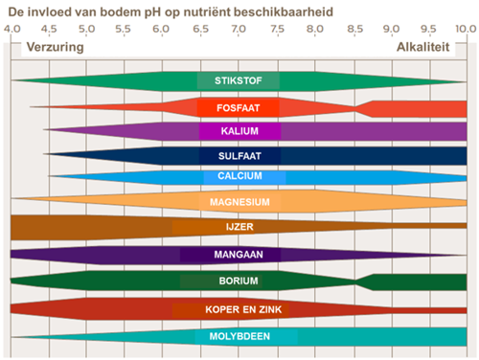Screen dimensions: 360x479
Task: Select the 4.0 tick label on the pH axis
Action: coord(12,29)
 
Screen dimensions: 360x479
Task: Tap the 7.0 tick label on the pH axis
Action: coord(239,29)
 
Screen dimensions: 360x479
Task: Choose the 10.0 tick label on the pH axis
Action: coord(463,29)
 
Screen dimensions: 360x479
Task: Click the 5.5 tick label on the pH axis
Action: coord(125,29)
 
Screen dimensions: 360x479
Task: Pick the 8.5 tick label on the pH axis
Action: coord(353,29)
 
